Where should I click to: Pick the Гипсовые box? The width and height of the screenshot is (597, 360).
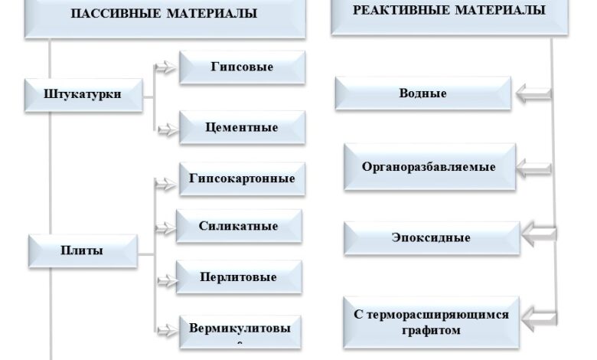click(x=242, y=67)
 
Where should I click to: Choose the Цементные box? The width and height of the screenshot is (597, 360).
click(x=242, y=127)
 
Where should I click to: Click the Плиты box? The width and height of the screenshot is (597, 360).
click(x=83, y=250)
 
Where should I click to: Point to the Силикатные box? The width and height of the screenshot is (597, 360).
click(x=239, y=227)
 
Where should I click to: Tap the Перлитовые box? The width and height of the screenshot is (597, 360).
click(x=239, y=277)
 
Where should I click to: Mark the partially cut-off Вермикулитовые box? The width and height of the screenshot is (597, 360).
click(x=240, y=331)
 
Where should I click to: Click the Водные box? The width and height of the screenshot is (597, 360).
click(x=422, y=93)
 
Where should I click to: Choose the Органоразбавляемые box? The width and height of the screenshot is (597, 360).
click(x=429, y=166)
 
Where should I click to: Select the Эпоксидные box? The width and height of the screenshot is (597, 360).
click(x=432, y=237)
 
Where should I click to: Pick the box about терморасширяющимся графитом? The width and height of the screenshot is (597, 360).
click(x=431, y=322)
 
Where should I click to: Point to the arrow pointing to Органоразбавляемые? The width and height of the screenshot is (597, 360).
click(x=533, y=166)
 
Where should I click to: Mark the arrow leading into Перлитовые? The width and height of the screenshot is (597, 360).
click(x=164, y=277)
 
